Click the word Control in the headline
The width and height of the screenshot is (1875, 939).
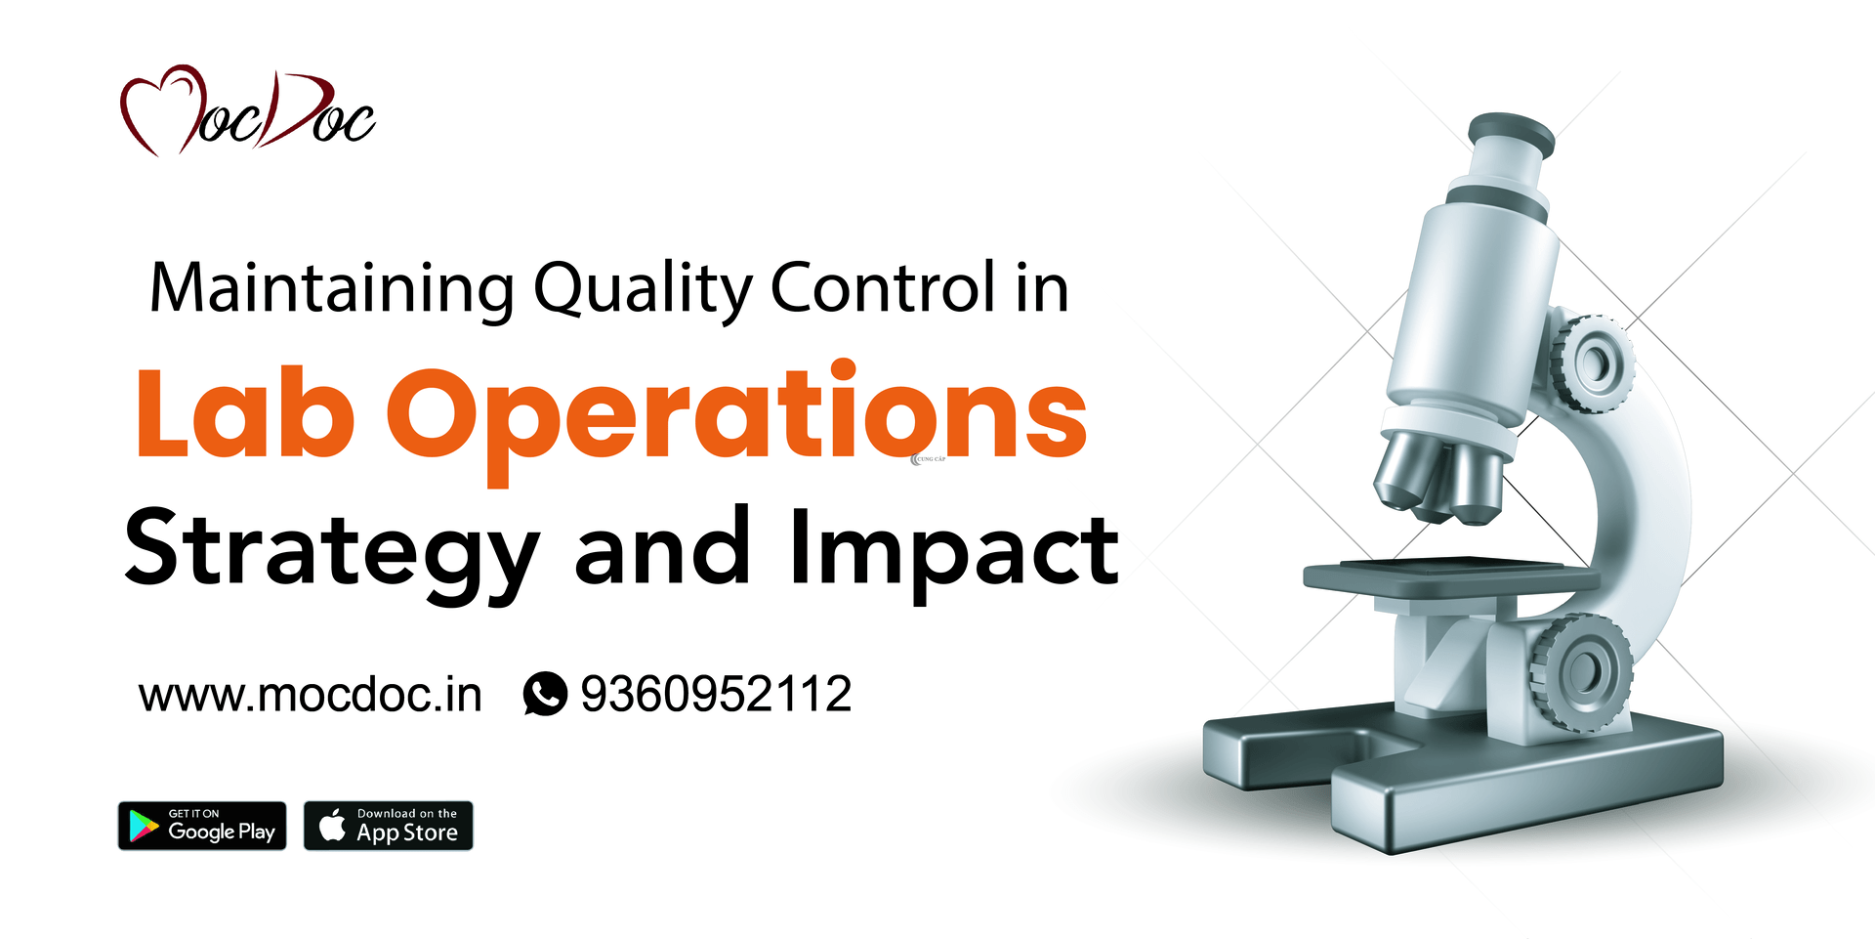883,288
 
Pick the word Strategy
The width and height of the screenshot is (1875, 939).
332,552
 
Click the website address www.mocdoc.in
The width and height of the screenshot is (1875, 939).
311,696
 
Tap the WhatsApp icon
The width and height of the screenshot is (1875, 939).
545,694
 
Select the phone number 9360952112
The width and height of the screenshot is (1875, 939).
716,695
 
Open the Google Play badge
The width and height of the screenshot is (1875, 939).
202,827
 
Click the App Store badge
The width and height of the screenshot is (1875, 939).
389,827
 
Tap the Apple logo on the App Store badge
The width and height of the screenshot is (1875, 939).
332,826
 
